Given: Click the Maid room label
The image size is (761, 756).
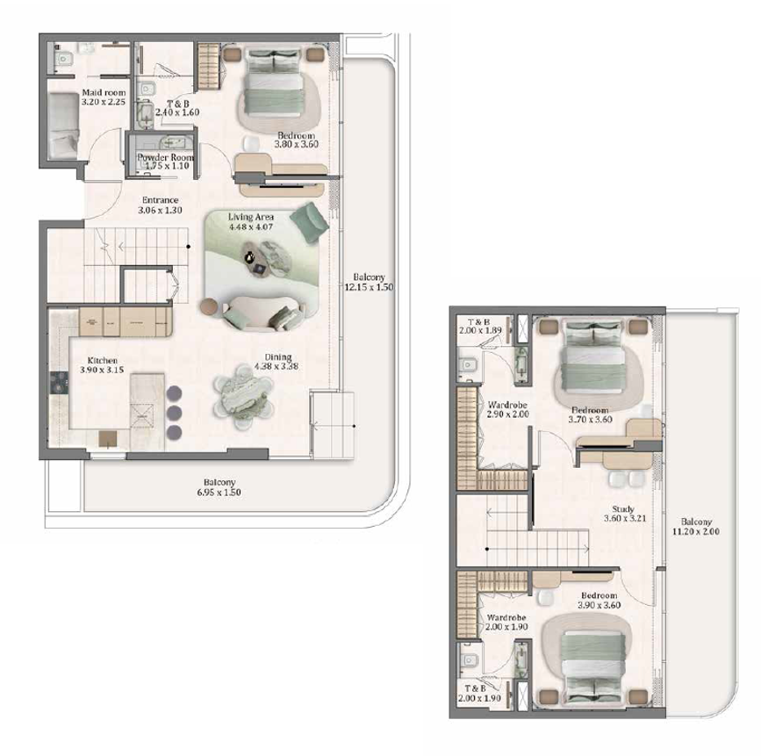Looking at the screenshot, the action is click(104, 92).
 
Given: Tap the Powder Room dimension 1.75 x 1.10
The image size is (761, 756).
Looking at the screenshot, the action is click(167, 166).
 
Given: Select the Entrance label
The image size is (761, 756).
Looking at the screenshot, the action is click(160, 200).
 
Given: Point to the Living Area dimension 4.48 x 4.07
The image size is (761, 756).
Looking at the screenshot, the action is click(251, 227).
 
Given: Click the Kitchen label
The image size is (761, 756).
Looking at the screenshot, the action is click(103, 360).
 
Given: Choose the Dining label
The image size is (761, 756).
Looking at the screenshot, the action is click(278, 356).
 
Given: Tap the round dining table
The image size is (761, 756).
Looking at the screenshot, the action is click(243, 397).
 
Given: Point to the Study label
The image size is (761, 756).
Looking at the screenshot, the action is click(623, 509).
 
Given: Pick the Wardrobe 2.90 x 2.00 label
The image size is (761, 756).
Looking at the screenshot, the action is click(507, 409).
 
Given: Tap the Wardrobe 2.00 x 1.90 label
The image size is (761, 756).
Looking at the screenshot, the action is click(506, 622).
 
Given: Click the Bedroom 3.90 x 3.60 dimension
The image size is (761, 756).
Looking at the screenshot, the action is click(599, 605).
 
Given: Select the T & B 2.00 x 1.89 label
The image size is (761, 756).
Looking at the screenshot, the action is click(480, 326).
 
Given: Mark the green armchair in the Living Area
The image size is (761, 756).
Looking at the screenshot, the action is click(310, 221).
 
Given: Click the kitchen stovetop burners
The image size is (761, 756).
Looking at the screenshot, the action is click(59, 382).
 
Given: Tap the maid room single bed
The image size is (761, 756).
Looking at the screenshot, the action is click(63, 126).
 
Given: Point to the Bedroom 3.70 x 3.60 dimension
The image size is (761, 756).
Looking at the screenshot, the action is click(590, 419).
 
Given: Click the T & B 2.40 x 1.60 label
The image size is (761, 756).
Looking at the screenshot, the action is click(177, 108).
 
